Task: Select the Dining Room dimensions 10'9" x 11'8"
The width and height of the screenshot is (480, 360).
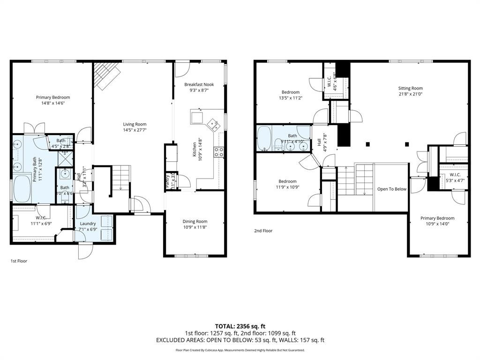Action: point(195,227)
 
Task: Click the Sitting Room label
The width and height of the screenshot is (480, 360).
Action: point(410,88)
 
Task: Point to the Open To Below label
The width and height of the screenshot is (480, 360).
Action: point(392,189)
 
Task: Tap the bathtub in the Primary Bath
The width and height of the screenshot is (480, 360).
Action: point(22,188)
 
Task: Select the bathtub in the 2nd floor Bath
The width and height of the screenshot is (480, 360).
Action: point(265,139)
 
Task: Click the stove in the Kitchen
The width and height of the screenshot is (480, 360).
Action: point(219,151)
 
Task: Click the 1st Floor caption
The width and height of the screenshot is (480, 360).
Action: point(19,261)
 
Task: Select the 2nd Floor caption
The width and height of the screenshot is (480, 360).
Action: point(263,231)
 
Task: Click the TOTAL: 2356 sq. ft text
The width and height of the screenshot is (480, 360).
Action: point(240,326)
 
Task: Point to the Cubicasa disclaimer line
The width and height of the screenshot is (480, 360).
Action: point(240,350)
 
